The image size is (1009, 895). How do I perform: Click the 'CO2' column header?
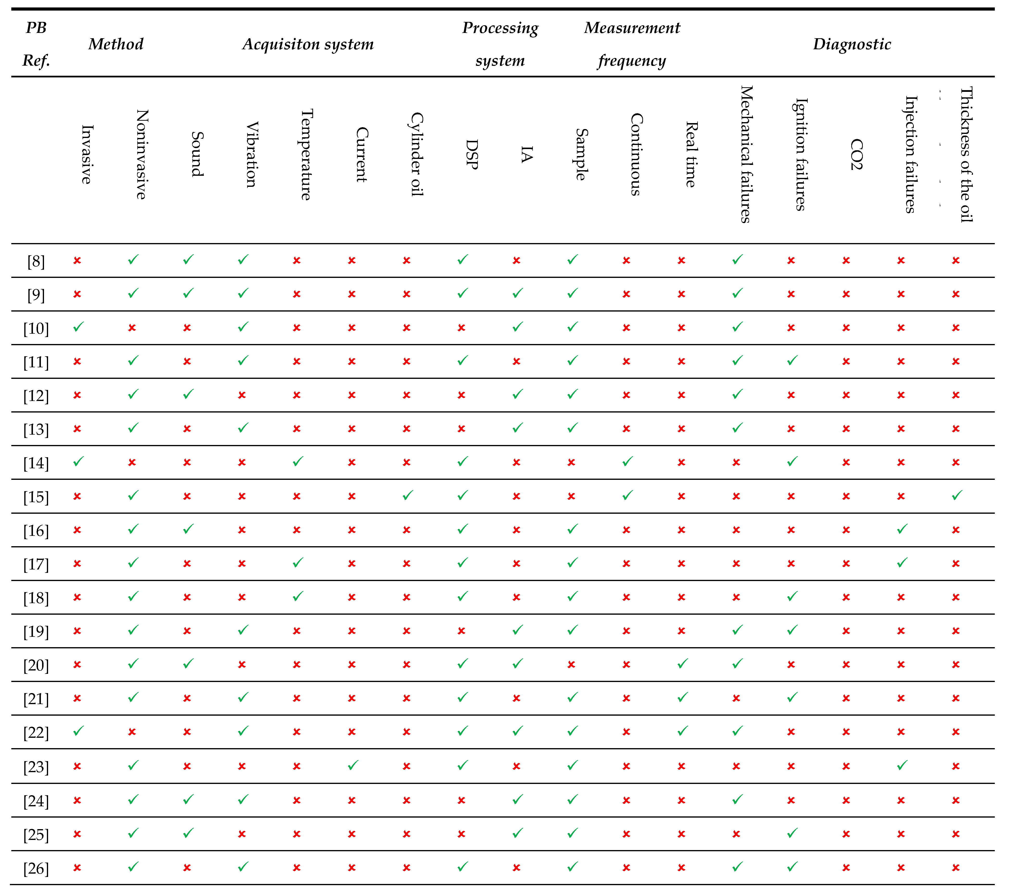(857, 154)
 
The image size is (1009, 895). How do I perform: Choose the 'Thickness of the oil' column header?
(966, 154)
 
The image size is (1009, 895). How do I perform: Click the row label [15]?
(36, 497)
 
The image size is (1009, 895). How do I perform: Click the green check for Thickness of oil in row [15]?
(957, 495)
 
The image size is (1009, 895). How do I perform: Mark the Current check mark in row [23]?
(353, 765)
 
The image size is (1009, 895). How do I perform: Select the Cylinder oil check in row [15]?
(407, 495)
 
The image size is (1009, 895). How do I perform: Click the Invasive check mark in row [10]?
(78, 327)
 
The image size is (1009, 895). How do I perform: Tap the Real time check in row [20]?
(682, 664)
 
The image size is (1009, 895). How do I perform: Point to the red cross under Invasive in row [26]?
(77, 867)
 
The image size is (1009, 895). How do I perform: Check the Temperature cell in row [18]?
(298, 596)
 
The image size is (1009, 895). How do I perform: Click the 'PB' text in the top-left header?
(36, 28)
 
